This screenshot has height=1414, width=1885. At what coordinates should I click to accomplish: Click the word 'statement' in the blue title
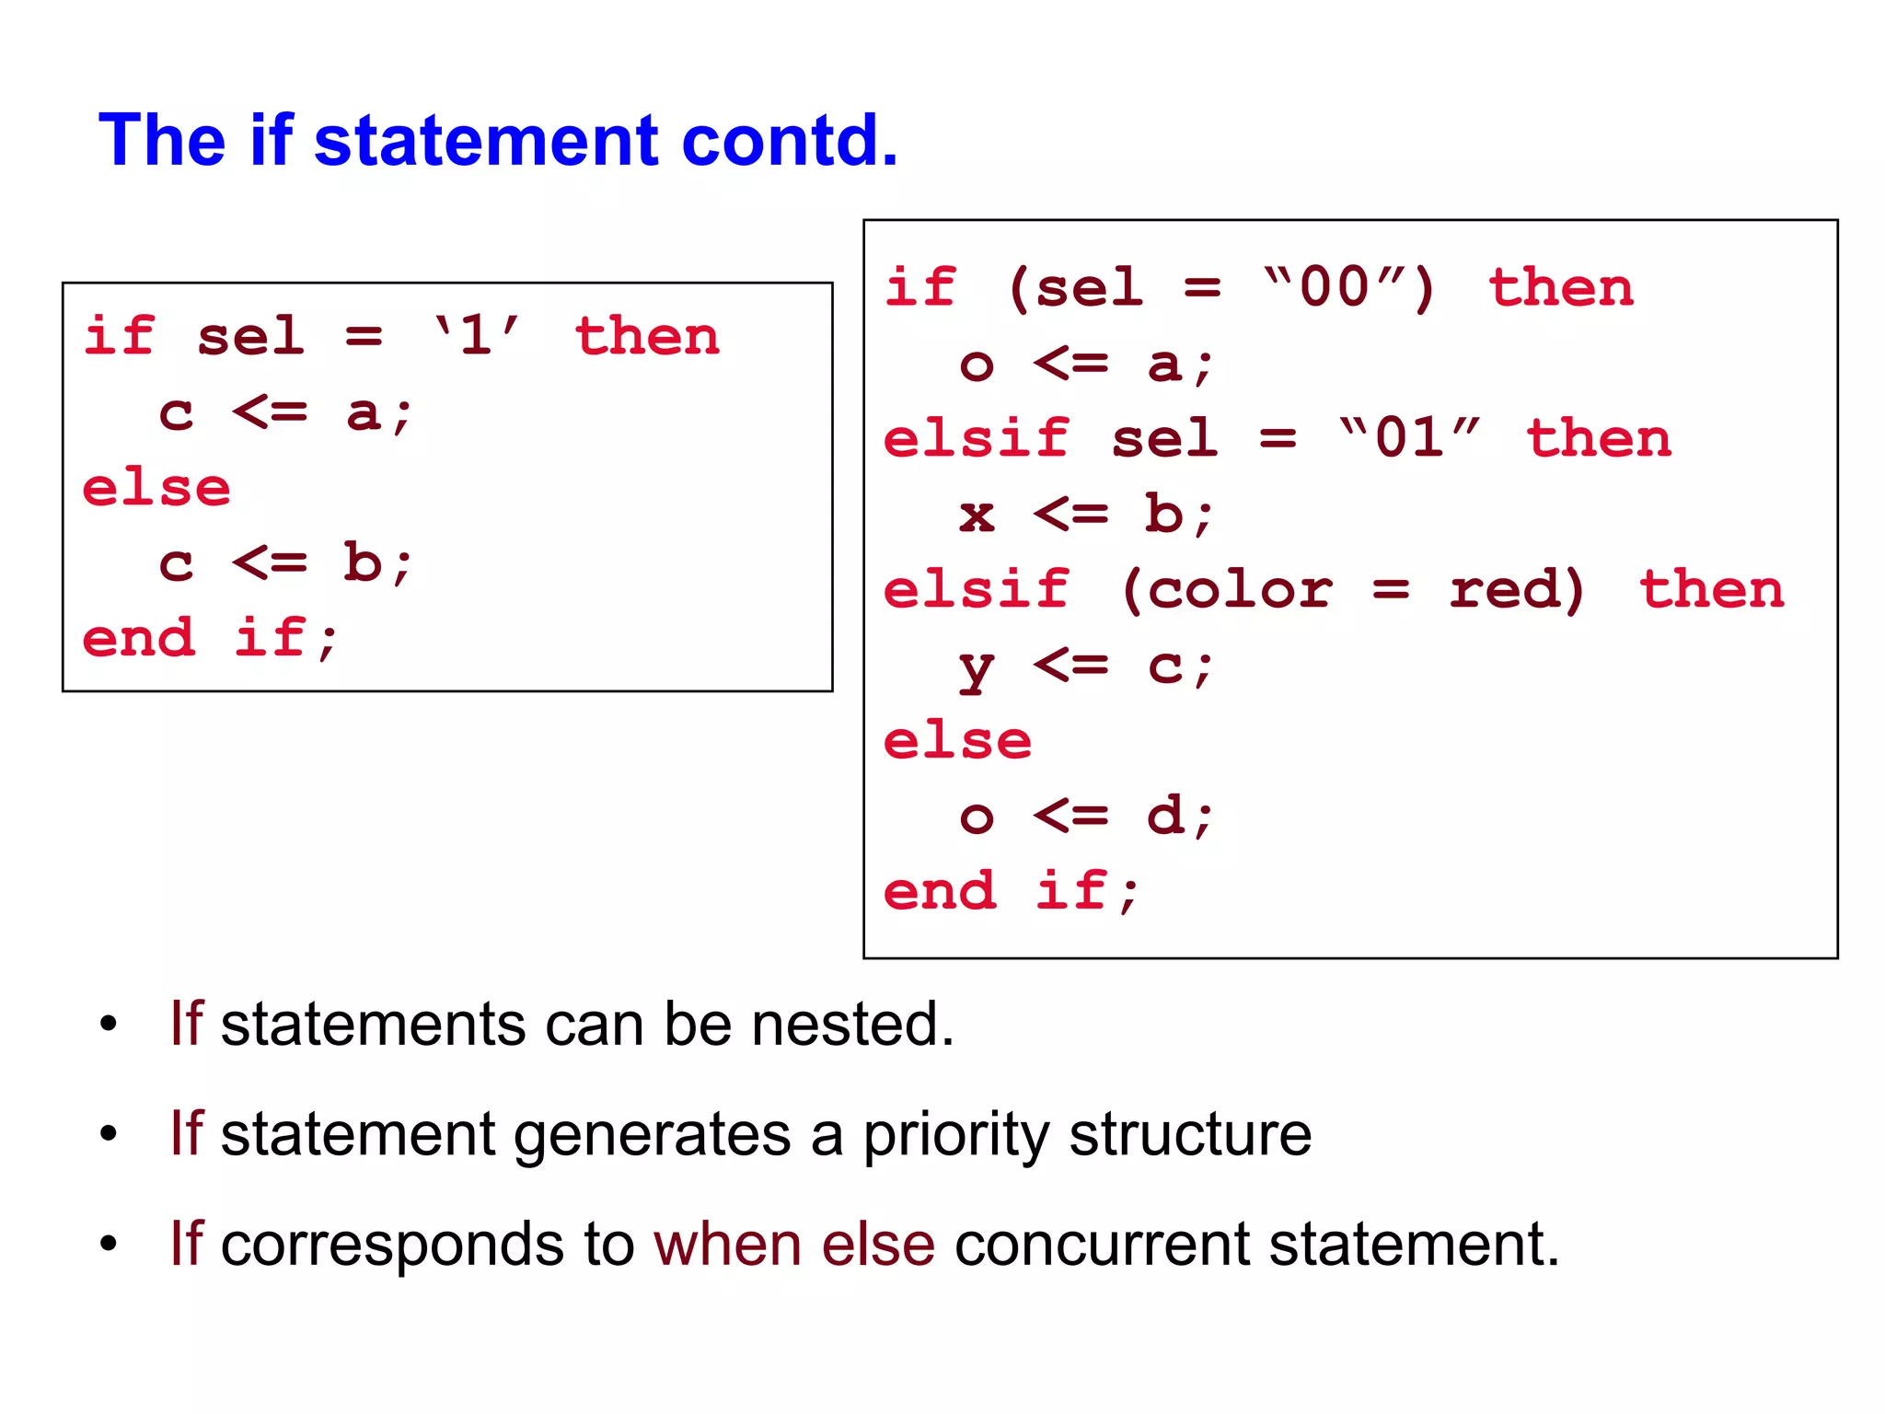click(486, 141)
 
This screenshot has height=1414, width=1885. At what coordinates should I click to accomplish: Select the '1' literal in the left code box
click(476, 335)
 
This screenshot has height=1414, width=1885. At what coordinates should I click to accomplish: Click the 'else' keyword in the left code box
click(156, 487)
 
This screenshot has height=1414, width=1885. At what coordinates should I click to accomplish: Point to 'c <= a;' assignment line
click(285, 411)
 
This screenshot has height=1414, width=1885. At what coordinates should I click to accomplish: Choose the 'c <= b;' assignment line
click(285, 562)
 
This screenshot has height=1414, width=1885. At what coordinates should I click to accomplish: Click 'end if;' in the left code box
click(210, 638)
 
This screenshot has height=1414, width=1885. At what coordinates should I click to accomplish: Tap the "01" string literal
click(1409, 437)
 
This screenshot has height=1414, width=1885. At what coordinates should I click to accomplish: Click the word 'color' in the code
click(1240, 588)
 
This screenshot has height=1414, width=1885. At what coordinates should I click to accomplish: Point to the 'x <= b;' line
click(1086, 513)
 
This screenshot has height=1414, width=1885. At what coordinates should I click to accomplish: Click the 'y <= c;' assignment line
click(1086, 666)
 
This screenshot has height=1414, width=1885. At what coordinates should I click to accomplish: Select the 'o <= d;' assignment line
click(1086, 817)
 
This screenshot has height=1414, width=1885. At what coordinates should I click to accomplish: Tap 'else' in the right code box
click(957, 740)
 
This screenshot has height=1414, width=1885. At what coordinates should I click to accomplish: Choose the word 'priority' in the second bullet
click(955, 1134)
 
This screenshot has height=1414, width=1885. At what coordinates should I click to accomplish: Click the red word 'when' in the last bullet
click(727, 1244)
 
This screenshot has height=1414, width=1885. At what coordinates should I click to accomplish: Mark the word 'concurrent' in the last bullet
click(1102, 1244)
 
